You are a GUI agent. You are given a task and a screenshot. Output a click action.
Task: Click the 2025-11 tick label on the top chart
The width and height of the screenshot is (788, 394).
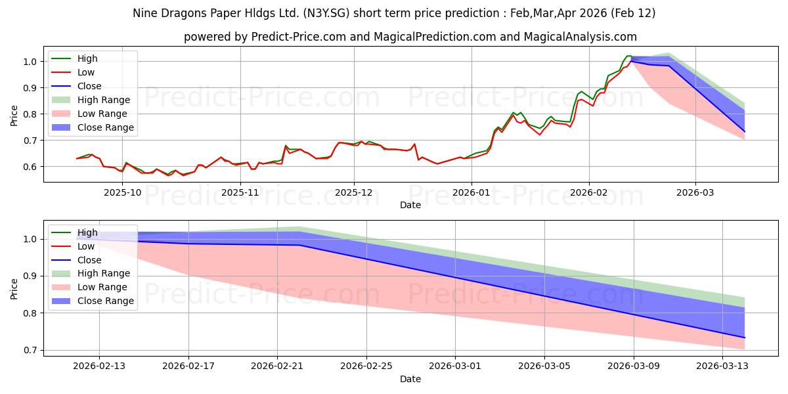point(240,192)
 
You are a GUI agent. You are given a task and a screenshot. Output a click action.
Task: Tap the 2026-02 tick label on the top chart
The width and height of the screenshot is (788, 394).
point(589,192)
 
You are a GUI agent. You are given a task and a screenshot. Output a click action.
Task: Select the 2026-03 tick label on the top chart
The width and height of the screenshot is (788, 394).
point(695,192)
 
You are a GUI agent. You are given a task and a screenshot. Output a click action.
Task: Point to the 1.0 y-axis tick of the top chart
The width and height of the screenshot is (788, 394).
point(31,62)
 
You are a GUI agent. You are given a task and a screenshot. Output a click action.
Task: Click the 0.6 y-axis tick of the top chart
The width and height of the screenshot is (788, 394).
point(31,167)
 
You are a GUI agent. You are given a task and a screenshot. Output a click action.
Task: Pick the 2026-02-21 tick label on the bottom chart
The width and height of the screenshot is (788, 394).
point(277,366)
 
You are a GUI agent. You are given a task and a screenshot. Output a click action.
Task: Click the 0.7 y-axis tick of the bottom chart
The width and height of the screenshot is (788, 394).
point(31,351)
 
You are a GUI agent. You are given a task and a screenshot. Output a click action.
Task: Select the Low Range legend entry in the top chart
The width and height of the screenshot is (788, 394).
point(105,114)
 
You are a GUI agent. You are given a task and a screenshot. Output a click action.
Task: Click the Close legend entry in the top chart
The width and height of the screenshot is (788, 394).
point(89,86)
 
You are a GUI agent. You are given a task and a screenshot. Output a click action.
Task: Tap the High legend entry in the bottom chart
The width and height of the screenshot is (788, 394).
point(87,232)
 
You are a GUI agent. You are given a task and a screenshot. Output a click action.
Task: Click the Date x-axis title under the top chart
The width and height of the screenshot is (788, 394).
point(410,205)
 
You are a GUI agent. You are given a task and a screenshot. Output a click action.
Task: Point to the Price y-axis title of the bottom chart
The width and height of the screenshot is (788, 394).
point(14,289)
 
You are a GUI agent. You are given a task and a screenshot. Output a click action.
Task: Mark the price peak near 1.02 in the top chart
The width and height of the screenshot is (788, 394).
point(628,56)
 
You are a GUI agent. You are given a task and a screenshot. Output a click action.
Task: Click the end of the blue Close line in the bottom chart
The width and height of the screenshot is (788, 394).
point(745,338)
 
